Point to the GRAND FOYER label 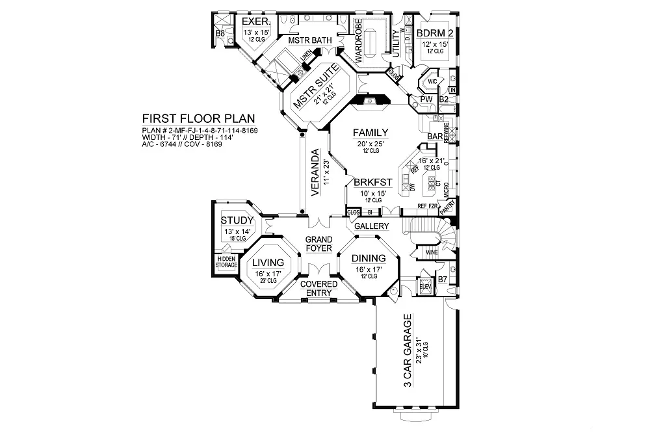[x=319, y=244]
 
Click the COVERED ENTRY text [x=318, y=289]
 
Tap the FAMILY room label [x=370, y=132]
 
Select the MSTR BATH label [x=310, y=41]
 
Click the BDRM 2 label [x=434, y=33]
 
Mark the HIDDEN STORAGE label [x=227, y=261]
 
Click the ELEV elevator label [x=426, y=285]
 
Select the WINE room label [x=431, y=252]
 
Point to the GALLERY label [x=371, y=226]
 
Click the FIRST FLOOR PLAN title [x=198, y=119]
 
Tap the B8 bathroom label [x=220, y=33]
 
